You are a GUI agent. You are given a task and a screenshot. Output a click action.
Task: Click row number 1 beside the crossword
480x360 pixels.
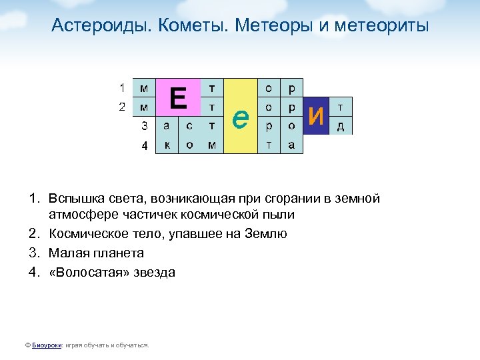(122, 87)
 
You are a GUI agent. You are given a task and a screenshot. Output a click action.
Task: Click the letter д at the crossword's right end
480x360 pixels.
(341, 126)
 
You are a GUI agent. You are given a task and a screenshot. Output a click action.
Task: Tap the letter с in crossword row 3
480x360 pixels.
(189, 125)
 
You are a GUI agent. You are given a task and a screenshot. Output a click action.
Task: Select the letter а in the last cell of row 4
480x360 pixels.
(291, 145)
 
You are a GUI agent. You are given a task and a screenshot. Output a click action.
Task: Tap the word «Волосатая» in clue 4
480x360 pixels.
(85, 272)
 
